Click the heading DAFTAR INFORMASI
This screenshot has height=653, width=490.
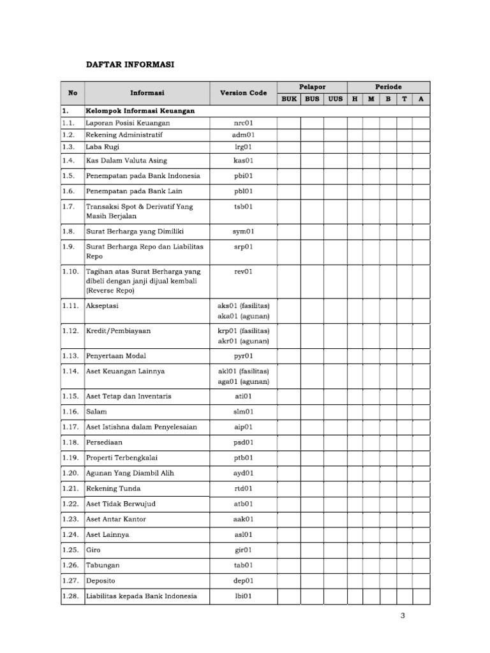point(131,65)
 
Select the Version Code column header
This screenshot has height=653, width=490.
point(243,93)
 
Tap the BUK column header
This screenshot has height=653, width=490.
point(289,99)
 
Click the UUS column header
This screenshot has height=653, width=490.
point(335,99)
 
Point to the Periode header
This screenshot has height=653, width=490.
point(388,87)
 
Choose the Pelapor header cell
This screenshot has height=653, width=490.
point(312,87)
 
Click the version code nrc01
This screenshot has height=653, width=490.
point(243,122)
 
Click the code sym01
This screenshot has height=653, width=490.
point(243,231)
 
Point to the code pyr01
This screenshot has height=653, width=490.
point(243,356)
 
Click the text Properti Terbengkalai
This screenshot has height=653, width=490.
point(121,458)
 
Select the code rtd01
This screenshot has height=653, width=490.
point(243,488)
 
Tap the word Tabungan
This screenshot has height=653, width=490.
point(103,566)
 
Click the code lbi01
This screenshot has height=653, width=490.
point(243,596)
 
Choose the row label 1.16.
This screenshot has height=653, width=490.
point(70,412)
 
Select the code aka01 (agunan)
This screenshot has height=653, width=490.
point(243,316)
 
